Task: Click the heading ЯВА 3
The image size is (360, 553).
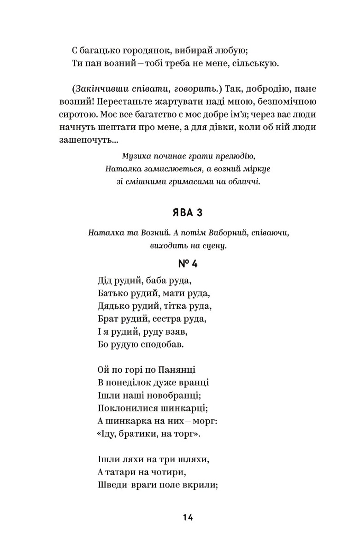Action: coord(187,214)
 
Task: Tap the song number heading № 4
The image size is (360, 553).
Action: coord(188,264)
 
